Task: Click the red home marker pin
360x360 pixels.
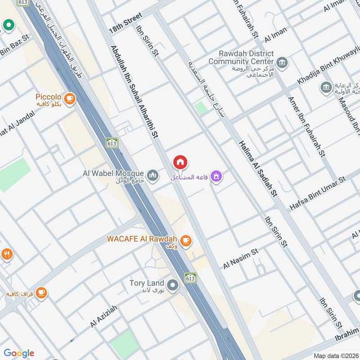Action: [x=180, y=162]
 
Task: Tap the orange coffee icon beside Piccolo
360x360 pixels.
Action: [x=69, y=98]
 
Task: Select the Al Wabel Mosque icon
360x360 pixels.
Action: [x=153, y=174]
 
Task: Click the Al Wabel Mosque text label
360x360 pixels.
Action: [x=113, y=173]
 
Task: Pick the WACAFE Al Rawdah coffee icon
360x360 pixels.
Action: [x=186, y=241]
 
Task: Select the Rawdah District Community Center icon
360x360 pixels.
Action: [x=282, y=62]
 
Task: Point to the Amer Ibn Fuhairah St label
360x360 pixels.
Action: [x=306, y=126]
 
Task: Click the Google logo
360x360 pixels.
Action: [x=18, y=353]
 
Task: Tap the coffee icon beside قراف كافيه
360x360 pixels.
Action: [x=41, y=292]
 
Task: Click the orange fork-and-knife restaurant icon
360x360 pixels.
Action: [x=6, y=255]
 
